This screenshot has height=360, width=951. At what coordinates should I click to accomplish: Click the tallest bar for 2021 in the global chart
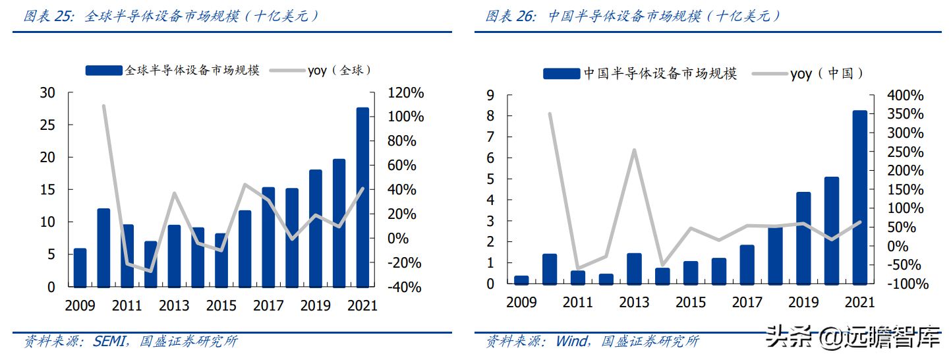click(362, 198)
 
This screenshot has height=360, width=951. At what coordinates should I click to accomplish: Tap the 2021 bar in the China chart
click(859, 198)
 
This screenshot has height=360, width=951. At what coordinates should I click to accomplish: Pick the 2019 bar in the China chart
click(803, 238)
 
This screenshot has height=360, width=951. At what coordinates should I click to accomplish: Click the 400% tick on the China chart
click(906, 96)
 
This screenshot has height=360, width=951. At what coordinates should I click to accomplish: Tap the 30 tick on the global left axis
click(47, 93)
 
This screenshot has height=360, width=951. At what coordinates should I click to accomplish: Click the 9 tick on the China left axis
click(490, 96)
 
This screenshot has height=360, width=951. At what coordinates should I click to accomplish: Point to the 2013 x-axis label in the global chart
click(174, 306)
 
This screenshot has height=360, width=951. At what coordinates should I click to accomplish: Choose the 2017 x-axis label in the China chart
click(747, 302)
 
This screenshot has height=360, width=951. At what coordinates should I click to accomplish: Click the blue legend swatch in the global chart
click(104, 70)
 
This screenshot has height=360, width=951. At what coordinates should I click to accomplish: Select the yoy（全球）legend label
click(340, 70)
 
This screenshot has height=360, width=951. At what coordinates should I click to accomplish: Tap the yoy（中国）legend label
click(827, 74)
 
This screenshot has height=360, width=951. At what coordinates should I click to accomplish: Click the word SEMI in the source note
click(107, 342)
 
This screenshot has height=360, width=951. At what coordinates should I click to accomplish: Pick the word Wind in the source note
click(571, 342)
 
